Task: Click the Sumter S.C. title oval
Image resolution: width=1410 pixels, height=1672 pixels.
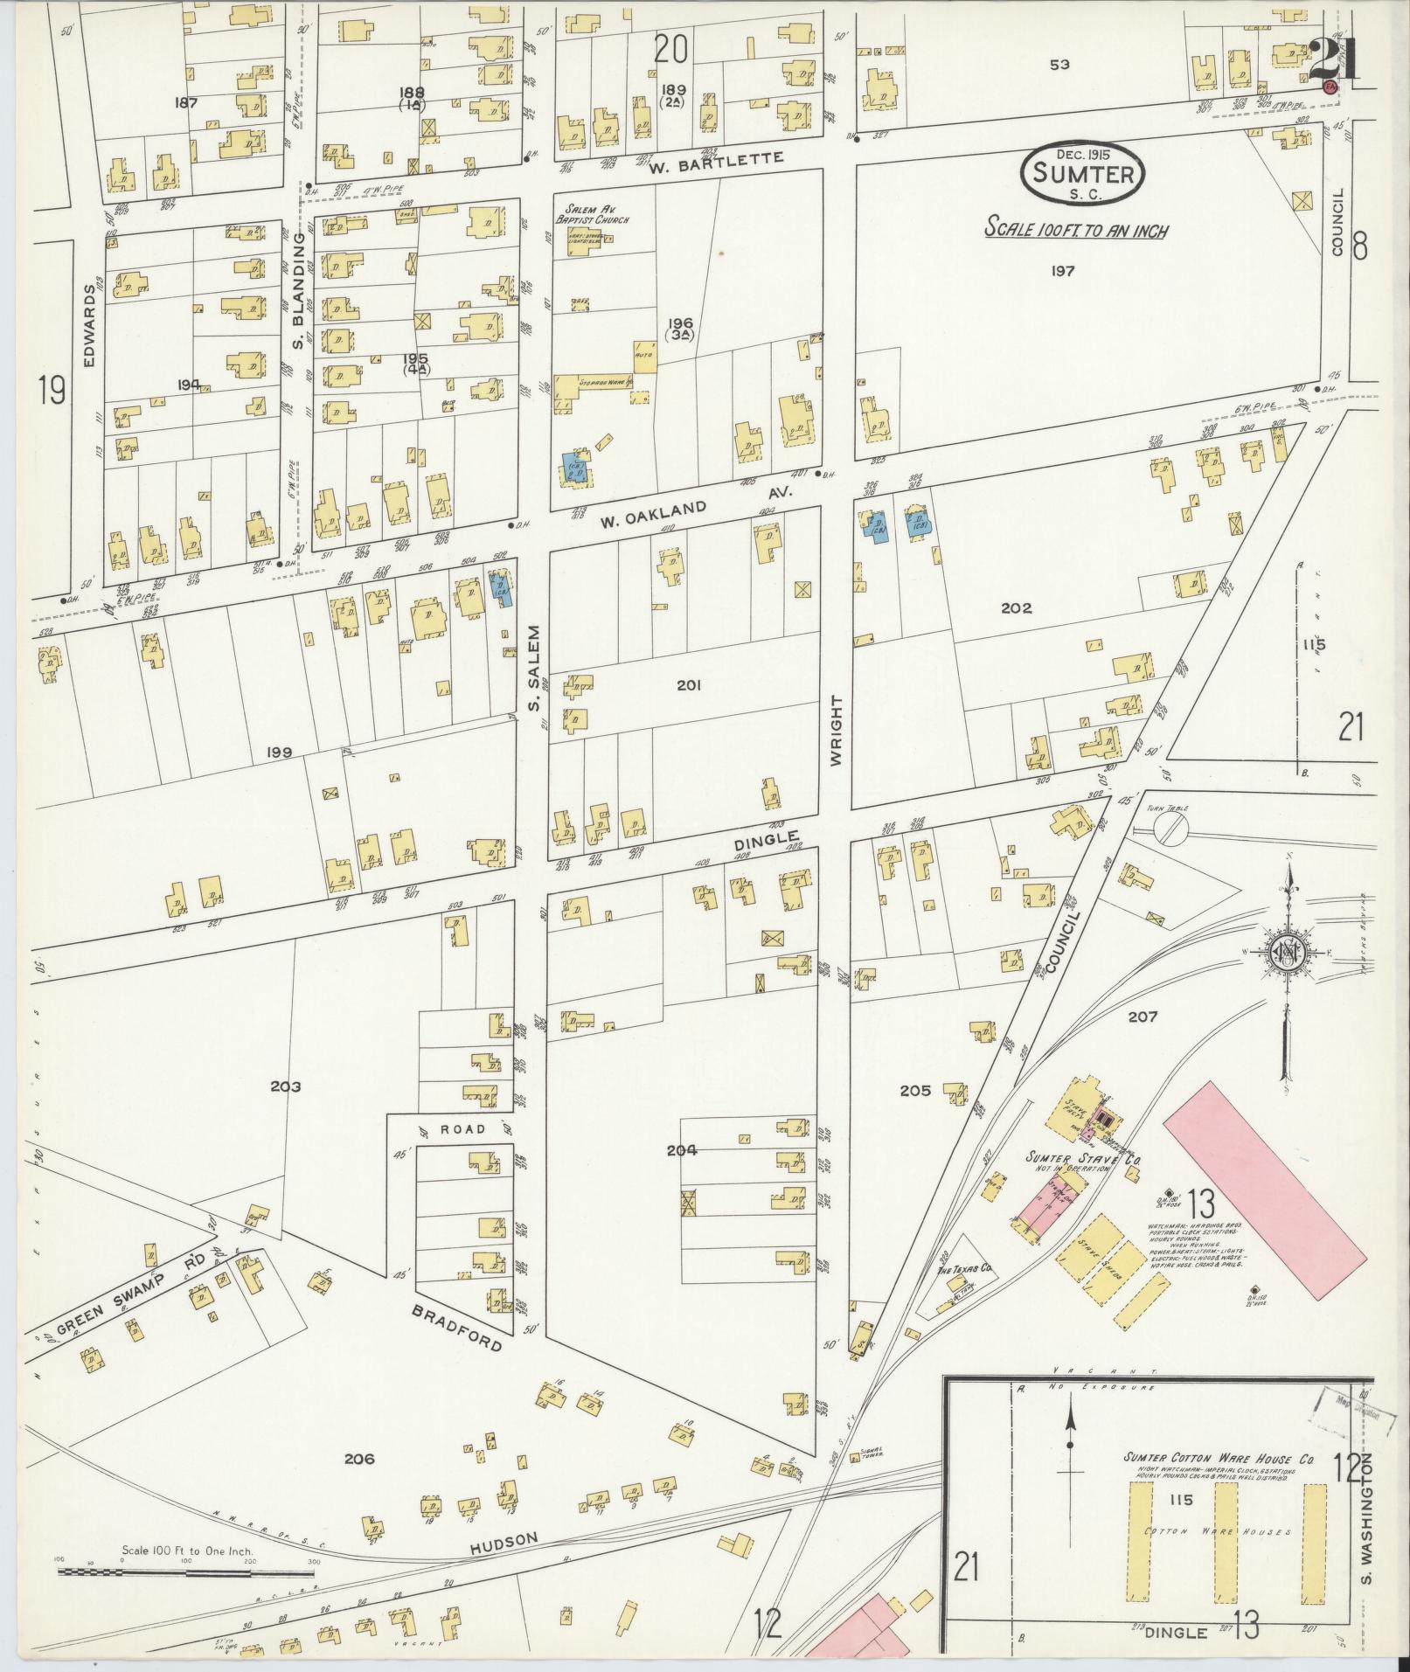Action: click(1082, 175)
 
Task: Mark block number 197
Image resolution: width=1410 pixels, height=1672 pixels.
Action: click(1063, 271)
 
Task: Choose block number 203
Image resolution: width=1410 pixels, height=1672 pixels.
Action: click(285, 1086)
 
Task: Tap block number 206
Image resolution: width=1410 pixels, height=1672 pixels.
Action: click(359, 1459)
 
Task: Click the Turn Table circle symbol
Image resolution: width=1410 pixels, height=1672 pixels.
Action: click(1170, 830)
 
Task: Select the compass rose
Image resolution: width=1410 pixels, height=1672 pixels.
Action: click(1287, 953)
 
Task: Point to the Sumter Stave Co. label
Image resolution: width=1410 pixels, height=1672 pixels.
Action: click(1084, 1159)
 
